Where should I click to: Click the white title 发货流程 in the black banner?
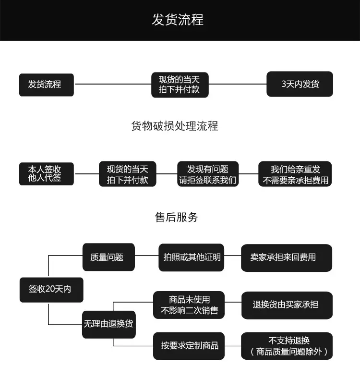(178, 20)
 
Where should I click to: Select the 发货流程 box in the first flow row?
(47, 85)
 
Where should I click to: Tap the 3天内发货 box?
(300, 84)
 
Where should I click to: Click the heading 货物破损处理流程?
(175, 126)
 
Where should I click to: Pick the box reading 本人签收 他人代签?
(47, 174)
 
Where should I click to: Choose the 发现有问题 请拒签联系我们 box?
(208, 174)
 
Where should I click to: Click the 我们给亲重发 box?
(295, 174)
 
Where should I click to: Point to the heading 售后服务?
(176, 217)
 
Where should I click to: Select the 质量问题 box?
(108, 257)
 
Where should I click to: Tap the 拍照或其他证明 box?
(192, 257)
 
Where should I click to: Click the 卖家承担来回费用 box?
(287, 258)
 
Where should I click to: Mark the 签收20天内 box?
(51, 290)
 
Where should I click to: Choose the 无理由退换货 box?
(109, 324)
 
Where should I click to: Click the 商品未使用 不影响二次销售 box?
(189, 305)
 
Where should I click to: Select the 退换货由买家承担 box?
(287, 305)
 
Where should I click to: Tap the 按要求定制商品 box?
(189, 346)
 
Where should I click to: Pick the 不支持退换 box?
(287, 346)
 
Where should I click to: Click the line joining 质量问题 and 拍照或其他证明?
(147, 256)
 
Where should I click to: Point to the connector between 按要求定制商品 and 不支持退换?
(233, 346)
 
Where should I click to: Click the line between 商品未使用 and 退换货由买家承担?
(233, 302)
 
